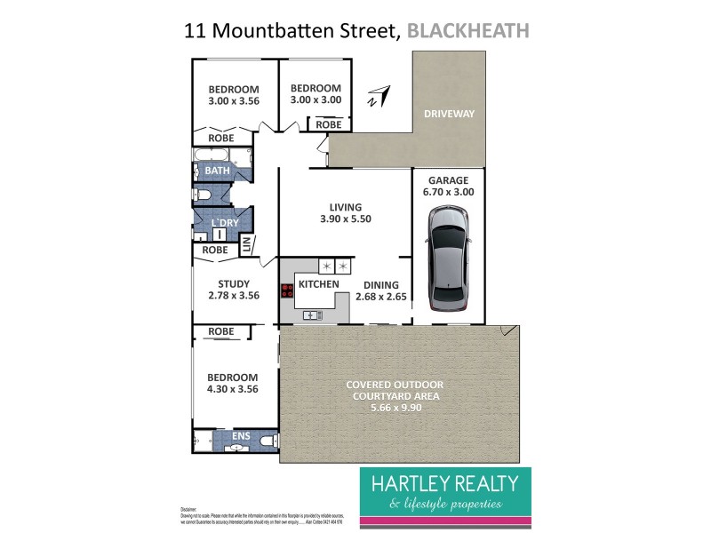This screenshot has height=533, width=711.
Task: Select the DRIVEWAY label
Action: pyautogui.click(x=450, y=114)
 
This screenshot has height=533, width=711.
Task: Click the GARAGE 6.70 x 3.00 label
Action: pyautogui.click(x=450, y=186)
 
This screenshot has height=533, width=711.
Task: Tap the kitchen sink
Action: pyautogui.click(x=312, y=314)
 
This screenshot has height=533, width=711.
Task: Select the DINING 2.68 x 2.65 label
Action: pyautogui.click(x=384, y=291)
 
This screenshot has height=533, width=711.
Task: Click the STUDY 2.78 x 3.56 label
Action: pyautogui.click(x=234, y=290)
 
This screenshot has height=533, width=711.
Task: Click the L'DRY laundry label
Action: pyautogui.click(x=223, y=222)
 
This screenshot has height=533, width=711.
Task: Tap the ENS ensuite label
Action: pyautogui.click(x=241, y=436)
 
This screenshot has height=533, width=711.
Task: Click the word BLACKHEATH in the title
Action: pyautogui.click(x=467, y=31)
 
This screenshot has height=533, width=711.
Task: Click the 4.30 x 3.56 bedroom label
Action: pyautogui.click(x=234, y=383)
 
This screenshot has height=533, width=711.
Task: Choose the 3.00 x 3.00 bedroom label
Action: pyautogui.click(x=316, y=94)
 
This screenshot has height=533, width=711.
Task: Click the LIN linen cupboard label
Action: pyautogui.click(x=247, y=243)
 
